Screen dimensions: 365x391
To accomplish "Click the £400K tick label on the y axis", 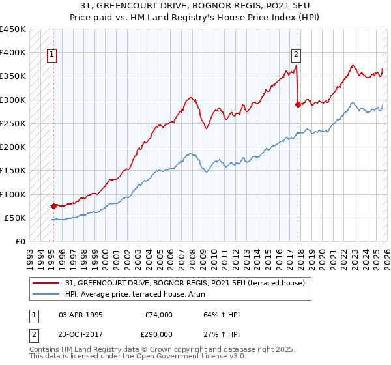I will (x=13, y=53).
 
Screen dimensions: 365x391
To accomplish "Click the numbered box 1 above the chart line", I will (x=51, y=55).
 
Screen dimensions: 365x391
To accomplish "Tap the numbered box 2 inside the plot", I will (x=296, y=55).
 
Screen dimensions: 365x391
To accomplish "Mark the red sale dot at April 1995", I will (x=53, y=206).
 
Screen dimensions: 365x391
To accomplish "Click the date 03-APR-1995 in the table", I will (x=80, y=315).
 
